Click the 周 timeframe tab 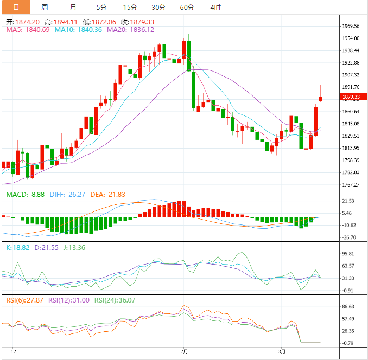click(x=45, y=7)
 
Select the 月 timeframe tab click(x=73, y=7)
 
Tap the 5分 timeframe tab click(x=101, y=7)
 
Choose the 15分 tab click(x=130, y=7)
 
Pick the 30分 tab click(x=158, y=7)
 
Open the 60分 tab click(x=187, y=7)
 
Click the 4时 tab click(x=215, y=7)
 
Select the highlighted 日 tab click(x=16, y=7)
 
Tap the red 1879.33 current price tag click(x=352, y=97)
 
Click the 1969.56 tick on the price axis click(x=352, y=26)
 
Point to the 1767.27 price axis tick click(x=352, y=185)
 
